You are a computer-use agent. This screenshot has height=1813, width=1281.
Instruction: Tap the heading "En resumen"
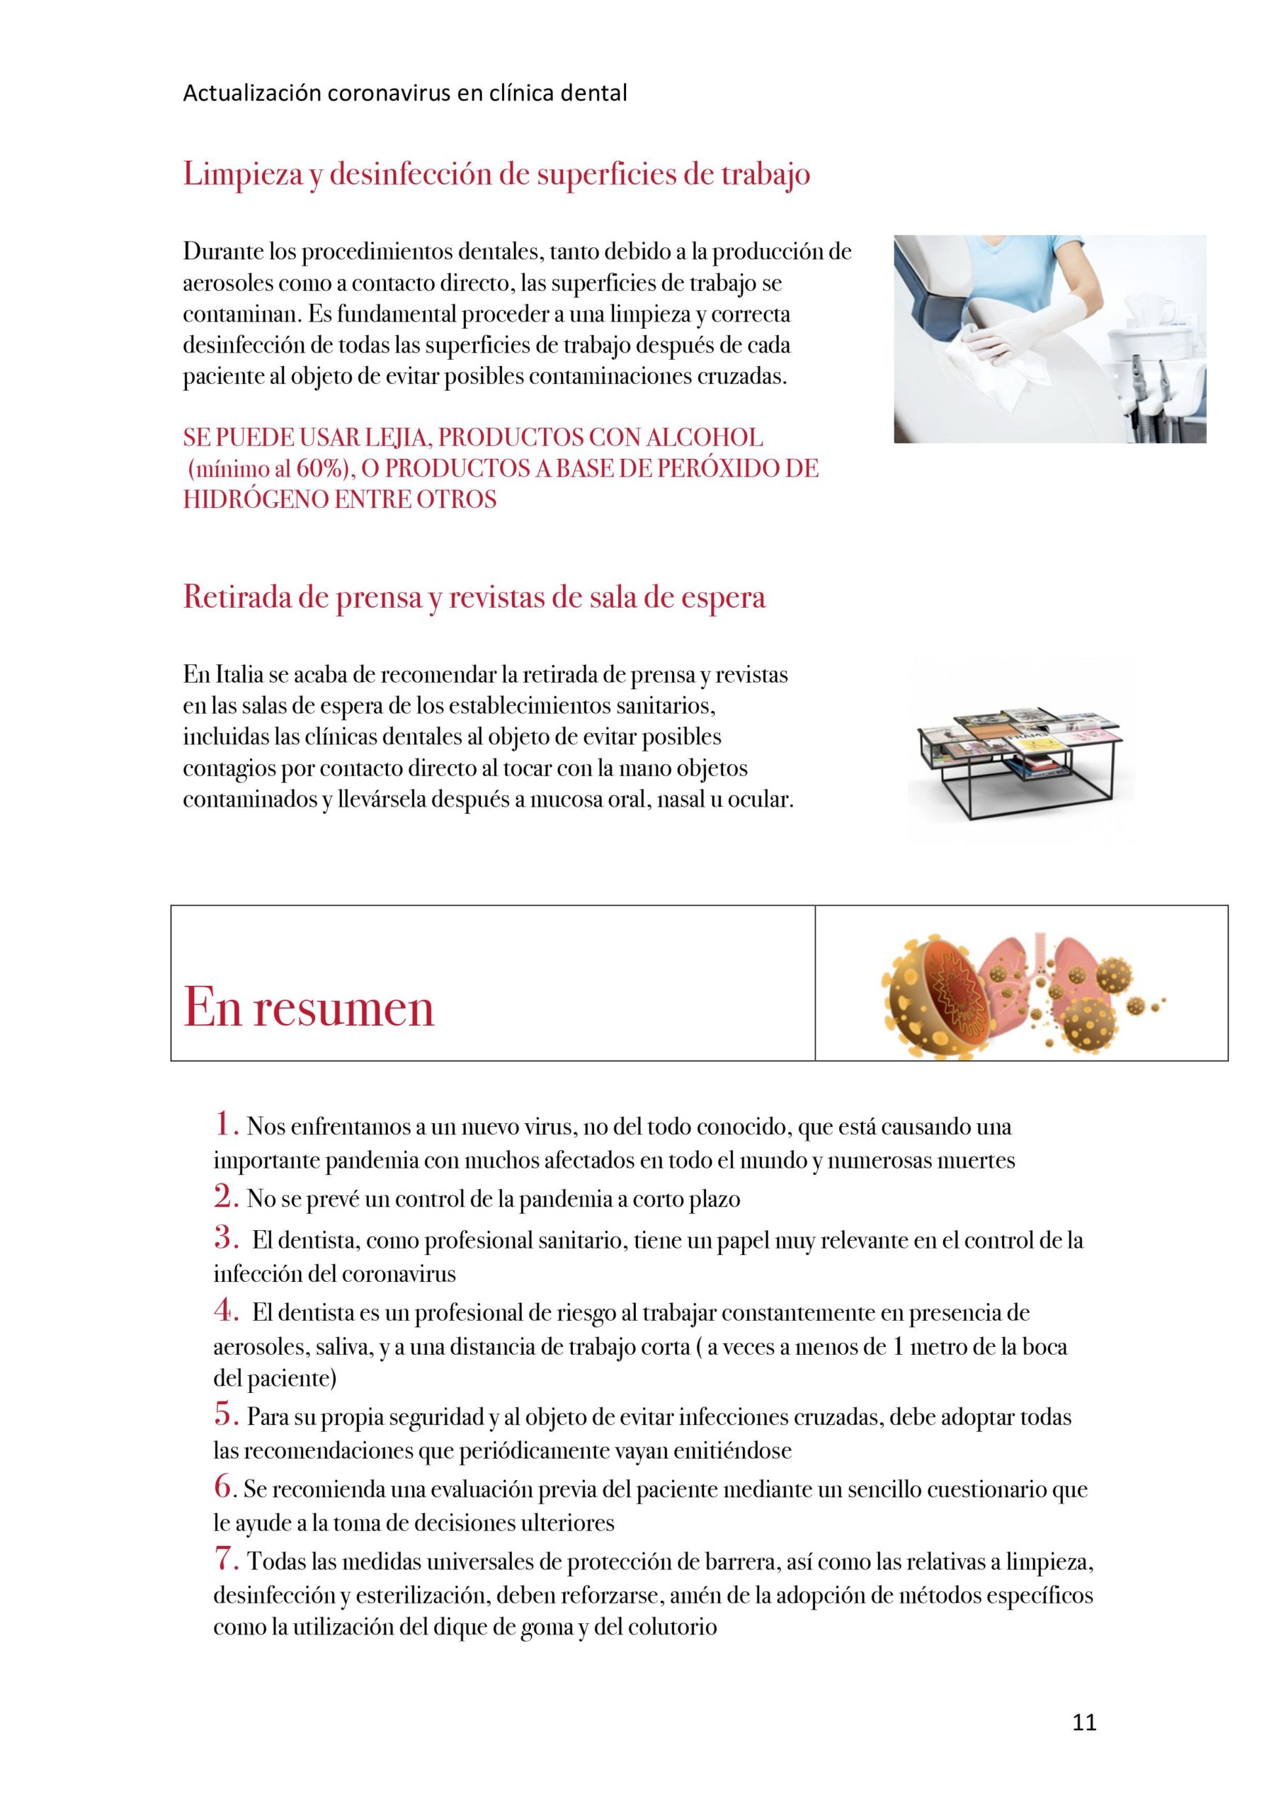click(x=309, y=1008)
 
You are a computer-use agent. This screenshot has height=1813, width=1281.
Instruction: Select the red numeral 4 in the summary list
click(x=225, y=1312)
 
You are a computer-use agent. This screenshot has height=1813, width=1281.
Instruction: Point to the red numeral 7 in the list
click(x=225, y=1559)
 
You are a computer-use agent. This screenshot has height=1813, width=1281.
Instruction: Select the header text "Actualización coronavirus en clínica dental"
click(x=404, y=94)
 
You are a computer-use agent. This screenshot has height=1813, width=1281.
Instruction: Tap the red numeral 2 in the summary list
click(x=225, y=1198)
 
